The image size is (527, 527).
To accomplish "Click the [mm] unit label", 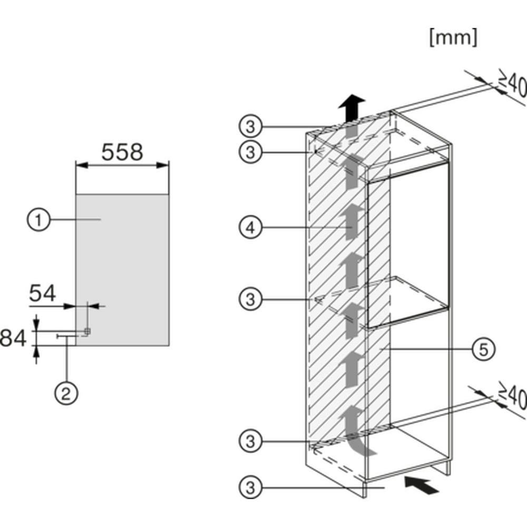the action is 453,37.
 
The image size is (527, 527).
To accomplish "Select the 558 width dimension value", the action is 122,152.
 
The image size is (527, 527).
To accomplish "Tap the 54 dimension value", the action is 42,294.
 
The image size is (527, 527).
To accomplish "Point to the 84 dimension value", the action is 13,338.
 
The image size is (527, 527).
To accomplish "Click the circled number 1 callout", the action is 38,220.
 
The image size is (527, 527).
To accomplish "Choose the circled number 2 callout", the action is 66,393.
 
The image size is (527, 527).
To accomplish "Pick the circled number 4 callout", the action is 250,228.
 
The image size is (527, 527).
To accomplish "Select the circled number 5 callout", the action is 483,349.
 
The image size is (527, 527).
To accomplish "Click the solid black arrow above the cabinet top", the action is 352,108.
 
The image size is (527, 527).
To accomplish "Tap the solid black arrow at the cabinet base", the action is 422,484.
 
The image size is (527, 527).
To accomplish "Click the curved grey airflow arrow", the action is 356,431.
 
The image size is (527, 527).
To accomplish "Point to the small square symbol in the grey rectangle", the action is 87,331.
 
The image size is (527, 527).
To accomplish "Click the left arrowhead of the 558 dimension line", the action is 82,165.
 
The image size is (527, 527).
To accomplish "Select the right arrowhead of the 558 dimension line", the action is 163,165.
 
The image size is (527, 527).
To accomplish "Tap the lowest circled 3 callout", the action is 250,487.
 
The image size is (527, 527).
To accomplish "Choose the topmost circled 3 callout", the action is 250,127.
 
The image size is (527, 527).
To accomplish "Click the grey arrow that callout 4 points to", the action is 352,222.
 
